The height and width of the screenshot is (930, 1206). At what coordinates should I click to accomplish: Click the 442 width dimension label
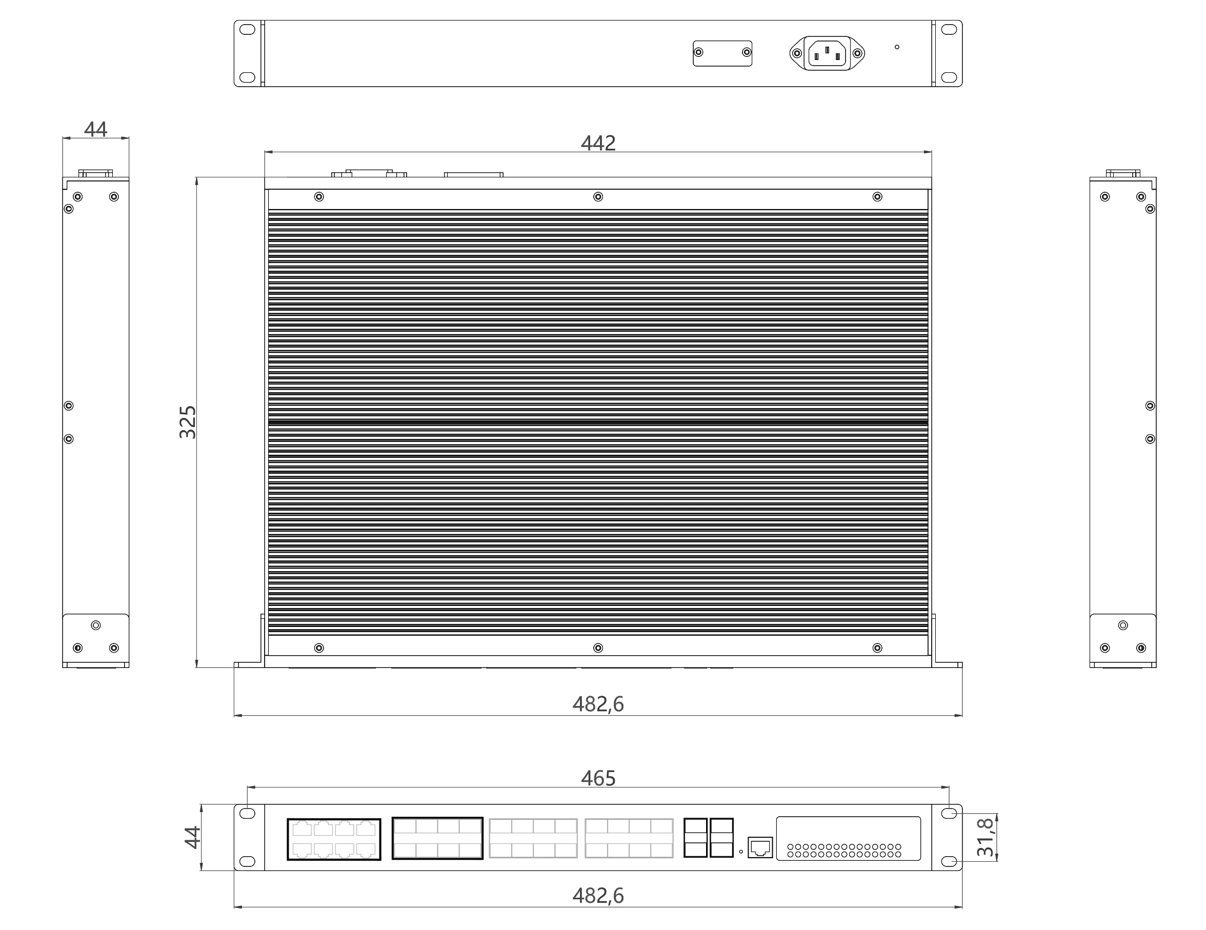tap(598, 143)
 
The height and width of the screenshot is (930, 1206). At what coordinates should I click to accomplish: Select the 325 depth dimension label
tap(188, 422)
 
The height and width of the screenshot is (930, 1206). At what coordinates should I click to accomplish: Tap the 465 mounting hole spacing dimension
tap(598, 778)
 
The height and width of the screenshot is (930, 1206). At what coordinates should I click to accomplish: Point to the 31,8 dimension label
tap(985, 837)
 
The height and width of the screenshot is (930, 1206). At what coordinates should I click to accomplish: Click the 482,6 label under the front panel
tap(598, 896)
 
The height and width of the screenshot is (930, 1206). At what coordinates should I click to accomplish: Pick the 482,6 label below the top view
tap(598, 704)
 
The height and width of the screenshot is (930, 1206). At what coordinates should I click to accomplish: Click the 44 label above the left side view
tap(95, 129)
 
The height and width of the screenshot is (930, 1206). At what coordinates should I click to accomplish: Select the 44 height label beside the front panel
tap(192, 837)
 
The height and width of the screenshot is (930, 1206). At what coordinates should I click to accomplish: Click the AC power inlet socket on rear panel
tap(827, 53)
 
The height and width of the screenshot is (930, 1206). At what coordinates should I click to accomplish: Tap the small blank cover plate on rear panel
tap(722, 53)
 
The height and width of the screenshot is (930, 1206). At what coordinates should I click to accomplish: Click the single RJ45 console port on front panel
tap(760, 847)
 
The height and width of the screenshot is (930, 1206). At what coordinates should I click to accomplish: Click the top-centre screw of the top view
tap(598, 196)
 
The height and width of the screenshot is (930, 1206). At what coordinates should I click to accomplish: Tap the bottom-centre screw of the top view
tap(598, 648)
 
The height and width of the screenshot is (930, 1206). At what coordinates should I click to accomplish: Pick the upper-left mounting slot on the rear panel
tap(247, 29)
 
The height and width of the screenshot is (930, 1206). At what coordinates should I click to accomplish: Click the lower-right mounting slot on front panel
tap(949, 861)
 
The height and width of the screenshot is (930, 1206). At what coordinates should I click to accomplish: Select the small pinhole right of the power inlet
tap(897, 47)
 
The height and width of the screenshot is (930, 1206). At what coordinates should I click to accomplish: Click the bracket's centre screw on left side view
tap(95, 625)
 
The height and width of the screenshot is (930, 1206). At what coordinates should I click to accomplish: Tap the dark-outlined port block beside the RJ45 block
tap(437, 838)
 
